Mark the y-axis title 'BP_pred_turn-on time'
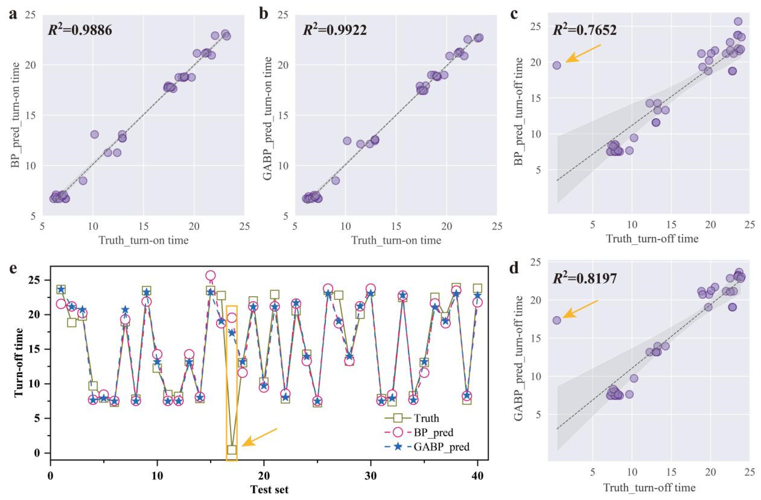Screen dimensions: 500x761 coord(15,115)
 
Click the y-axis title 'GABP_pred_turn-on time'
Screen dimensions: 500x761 coord(268,115)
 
